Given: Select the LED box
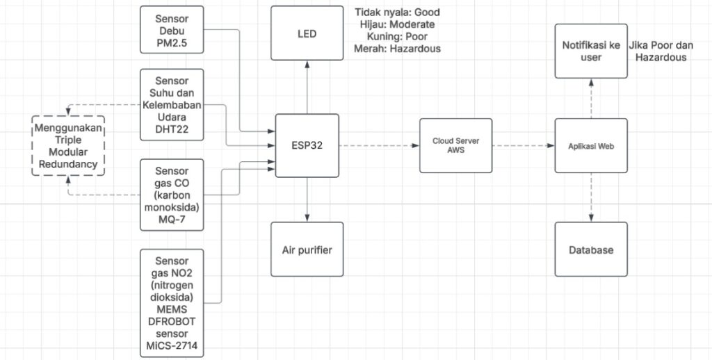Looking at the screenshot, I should [307, 33].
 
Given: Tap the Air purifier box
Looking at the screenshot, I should [307, 249].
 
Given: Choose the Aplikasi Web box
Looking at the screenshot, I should [591, 145].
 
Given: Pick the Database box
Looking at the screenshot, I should [591, 249].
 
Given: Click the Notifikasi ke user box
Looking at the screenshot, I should [591, 51].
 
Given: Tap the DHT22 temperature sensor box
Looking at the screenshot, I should [172, 104].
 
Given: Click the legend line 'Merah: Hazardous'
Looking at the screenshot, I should [397, 49].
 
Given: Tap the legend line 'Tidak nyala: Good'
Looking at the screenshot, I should [397, 13].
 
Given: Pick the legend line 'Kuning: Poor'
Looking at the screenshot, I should [397, 36].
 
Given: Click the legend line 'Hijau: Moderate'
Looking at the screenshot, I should [397, 24].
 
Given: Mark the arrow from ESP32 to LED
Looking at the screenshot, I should [307, 87].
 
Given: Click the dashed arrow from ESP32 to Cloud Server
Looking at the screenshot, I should [379, 145].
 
